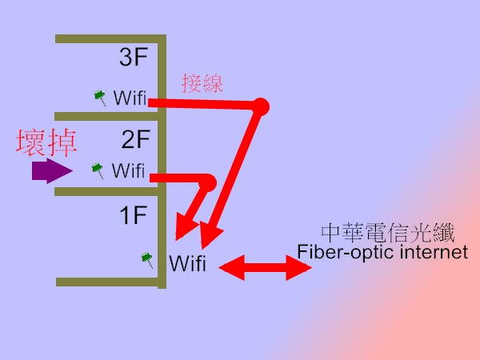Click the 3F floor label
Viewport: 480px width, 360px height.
[134, 59]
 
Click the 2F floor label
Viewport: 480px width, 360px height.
[136, 140]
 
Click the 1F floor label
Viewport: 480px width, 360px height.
[134, 216]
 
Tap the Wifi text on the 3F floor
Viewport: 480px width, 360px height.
[130, 98]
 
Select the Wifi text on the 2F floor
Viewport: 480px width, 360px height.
[128, 170]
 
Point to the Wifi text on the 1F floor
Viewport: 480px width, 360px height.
[187, 262]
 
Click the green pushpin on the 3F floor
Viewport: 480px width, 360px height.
[100, 97]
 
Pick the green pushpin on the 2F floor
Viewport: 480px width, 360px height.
[98, 169]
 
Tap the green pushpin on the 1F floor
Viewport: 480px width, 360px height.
[147, 258]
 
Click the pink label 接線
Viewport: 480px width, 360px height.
[202, 83]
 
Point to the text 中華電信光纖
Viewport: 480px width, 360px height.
[387, 233]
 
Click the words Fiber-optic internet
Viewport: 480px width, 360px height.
[382, 253]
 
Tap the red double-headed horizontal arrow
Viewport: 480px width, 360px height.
[265, 267]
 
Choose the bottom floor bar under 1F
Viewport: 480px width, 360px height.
[109, 281]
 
